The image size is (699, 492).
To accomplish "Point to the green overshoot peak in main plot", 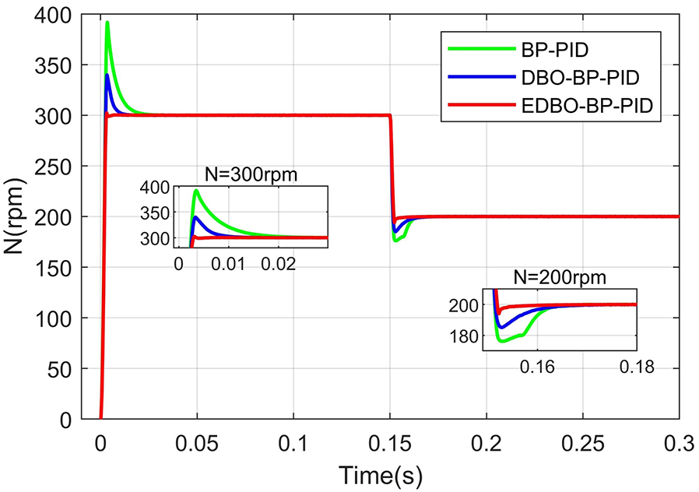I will [107, 22].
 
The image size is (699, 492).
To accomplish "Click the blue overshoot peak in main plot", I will [107, 75].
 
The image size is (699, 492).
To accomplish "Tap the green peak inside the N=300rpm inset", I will [197, 191].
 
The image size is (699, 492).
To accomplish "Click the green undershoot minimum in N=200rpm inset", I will [502, 341].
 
